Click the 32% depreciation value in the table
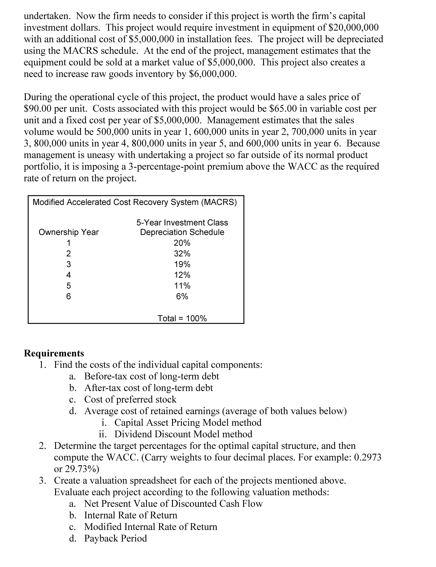[182, 253]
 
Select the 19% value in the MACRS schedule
[182, 264]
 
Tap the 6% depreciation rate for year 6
[182, 296]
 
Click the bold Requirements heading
[54, 353]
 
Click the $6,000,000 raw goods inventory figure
[212, 74]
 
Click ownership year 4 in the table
[69, 275]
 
